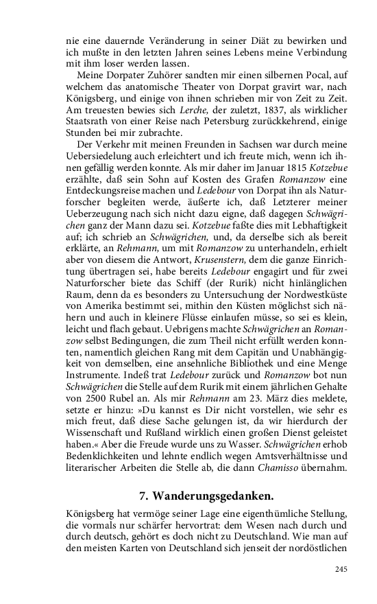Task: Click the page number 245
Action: click(x=342, y=568)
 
